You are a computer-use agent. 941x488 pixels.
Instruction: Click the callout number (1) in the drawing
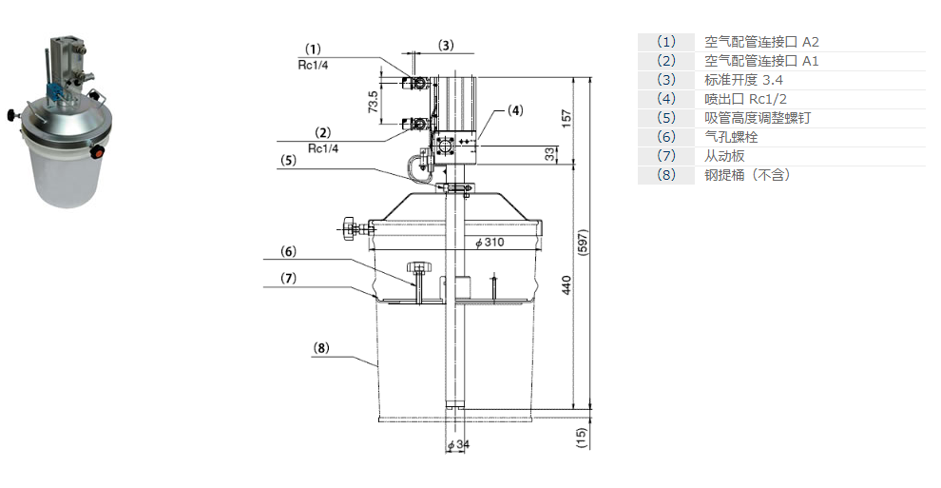[x=314, y=48]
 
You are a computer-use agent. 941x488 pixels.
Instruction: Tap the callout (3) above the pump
[x=446, y=45]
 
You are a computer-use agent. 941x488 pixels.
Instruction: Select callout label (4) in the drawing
[x=514, y=110]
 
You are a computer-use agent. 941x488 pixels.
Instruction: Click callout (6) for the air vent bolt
[x=288, y=252]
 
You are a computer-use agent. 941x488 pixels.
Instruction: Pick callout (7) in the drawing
[x=288, y=278]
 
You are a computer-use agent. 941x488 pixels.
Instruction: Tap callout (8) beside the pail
[x=321, y=348]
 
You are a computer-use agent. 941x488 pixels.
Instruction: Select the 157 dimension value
[x=567, y=118]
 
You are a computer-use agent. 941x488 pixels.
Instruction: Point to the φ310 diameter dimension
[x=489, y=243]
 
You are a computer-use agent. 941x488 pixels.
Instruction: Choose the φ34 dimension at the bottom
[x=458, y=444]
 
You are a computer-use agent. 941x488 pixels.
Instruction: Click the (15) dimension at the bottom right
[x=583, y=437]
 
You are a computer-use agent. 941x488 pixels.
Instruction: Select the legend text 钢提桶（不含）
[x=747, y=175]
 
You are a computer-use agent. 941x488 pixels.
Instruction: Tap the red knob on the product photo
[x=95, y=150]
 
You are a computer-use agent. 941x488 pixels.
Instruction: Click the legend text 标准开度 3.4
[x=744, y=80]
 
